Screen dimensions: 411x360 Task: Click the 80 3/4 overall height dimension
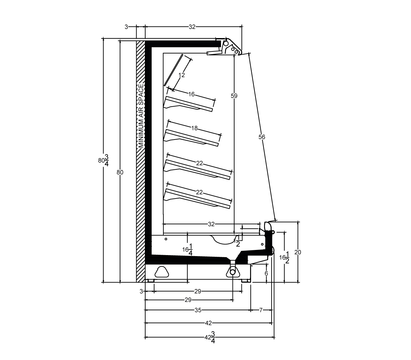coord(104,160)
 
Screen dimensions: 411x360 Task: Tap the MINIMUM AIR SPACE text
coord(141,116)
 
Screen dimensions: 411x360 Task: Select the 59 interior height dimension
coord(234,96)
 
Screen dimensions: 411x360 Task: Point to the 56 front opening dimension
coord(262,137)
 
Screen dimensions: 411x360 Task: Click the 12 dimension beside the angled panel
coord(182,75)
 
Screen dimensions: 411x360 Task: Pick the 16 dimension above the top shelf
coord(191,94)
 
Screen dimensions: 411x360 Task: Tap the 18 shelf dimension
coord(195,128)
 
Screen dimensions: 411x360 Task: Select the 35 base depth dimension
coord(198,310)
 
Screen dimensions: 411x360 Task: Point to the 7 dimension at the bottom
coord(261,310)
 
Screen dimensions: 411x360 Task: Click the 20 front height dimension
coord(298,252)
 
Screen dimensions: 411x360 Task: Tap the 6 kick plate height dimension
coord(266,273)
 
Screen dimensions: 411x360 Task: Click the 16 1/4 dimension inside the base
coord(187,249)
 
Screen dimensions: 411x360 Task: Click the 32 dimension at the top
coord(192,27)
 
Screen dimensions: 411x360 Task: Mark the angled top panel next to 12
coord(173,70)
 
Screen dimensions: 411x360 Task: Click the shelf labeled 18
coord(191,138)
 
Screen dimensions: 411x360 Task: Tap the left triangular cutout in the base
coord(162,272)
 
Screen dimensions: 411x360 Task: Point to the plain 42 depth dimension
coord(209,323)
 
